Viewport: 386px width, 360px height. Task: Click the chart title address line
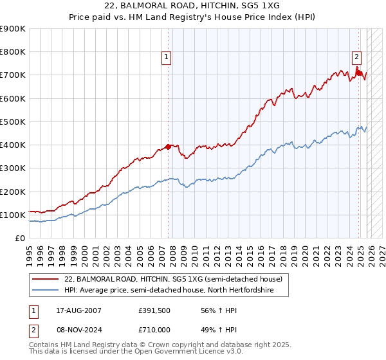click(193, 5)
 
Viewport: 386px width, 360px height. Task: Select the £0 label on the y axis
click(19, 238)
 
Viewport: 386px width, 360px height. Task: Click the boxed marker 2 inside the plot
click(356, 56)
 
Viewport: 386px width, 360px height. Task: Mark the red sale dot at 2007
click(169, 147)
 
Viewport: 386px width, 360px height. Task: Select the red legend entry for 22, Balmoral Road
click(172, 280)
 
